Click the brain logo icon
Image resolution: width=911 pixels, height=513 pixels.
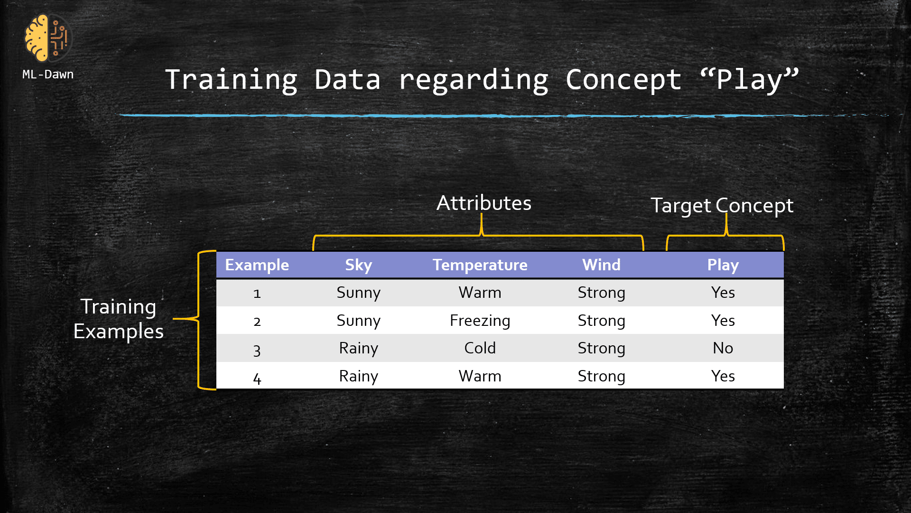coord(47,38)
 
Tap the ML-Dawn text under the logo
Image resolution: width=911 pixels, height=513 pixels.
coord(48,75)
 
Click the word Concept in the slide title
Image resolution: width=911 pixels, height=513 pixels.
coord(623,79)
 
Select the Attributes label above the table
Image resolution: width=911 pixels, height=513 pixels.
coord(483,203)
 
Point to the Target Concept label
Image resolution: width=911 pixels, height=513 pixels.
coord(722,206)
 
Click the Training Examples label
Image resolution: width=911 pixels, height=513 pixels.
coord(119,319)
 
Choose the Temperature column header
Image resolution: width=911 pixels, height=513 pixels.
coord(480,265)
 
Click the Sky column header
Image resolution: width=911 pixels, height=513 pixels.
coord(358,265)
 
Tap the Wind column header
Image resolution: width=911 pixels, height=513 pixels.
coord(601,265)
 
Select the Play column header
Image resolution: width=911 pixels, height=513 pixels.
coord(723,265)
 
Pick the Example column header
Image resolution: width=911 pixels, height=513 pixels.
coord(257,265)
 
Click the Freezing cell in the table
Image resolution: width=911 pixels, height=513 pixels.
coord(480,321)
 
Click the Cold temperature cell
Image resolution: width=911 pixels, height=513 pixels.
coord(480,348)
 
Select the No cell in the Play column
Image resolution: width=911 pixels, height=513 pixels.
coord(723,348)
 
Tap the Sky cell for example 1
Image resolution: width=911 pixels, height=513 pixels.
coord(358,293)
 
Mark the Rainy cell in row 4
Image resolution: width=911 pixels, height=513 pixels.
coord(358,376)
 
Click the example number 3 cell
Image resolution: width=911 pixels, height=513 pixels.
coord(257,350)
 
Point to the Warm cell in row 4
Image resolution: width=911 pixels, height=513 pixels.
coord(480,376)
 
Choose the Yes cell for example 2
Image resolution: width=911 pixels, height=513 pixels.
coord(723,321)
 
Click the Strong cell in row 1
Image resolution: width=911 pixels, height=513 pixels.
coord(601,293)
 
